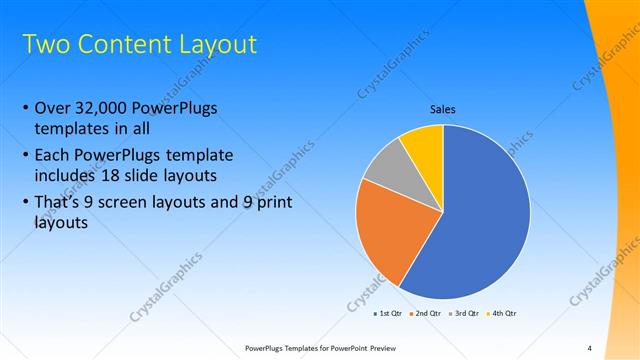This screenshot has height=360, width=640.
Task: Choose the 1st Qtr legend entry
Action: [387, 314]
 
